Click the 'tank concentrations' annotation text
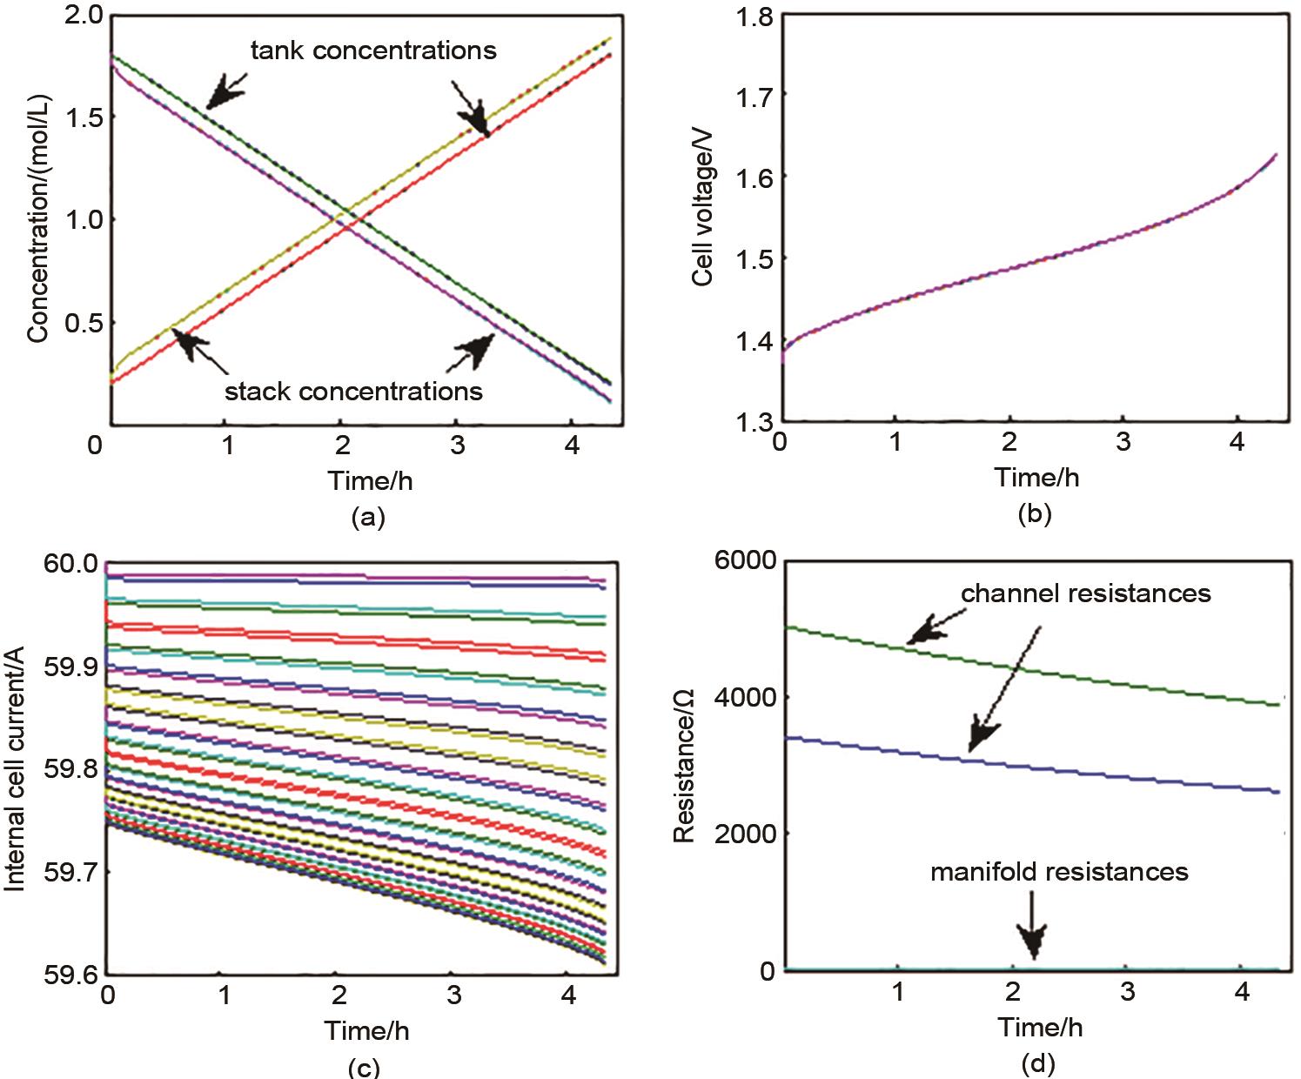click(373, 50)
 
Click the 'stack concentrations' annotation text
click(353, 391)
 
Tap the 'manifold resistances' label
click(1059, 871)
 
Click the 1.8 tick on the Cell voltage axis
click(745, 17)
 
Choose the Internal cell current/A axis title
click(14, 768)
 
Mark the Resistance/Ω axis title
click(684, 766)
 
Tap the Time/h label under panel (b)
click(1036, 477)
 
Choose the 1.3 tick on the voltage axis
click(745, 424)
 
